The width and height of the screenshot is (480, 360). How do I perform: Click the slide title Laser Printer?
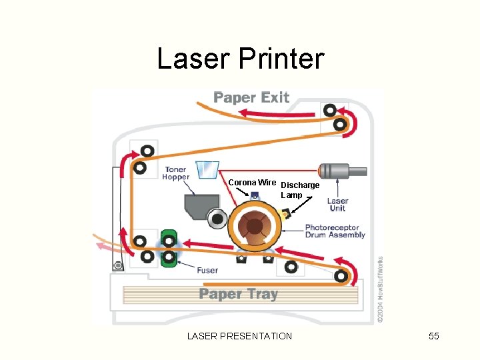pos(240,59)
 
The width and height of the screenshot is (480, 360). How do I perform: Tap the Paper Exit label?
pos(251,97)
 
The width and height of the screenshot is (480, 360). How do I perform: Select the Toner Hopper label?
pos(177,173)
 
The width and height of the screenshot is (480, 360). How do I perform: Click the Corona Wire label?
pos(252,182)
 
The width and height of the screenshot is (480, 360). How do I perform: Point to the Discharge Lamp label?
pos(299,189)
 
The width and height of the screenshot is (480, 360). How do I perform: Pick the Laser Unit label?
pos(337,204)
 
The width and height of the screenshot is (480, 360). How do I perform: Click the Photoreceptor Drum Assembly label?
pos(335,231)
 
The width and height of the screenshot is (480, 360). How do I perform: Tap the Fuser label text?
pos(207,271)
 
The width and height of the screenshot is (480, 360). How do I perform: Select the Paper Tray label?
pos(238,294)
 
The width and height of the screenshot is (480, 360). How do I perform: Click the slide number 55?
pos(434,336)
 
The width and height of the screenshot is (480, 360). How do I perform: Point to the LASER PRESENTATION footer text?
pos(239,336)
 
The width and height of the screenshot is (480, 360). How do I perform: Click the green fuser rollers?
pos(169,247)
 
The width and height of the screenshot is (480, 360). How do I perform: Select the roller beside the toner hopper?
pos(216,218)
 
